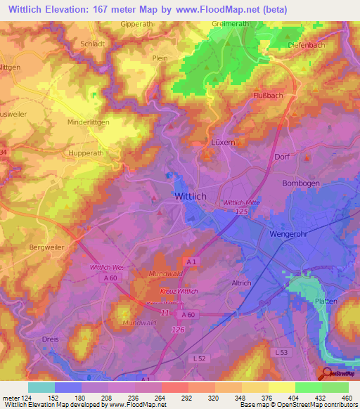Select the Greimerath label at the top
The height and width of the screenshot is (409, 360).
pyautogui.click(x=231, y=23)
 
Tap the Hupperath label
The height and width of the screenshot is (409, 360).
pyautogui.click(x=85, y=152)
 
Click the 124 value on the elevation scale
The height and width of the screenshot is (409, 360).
pyautogui.click(x=23, y=397)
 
